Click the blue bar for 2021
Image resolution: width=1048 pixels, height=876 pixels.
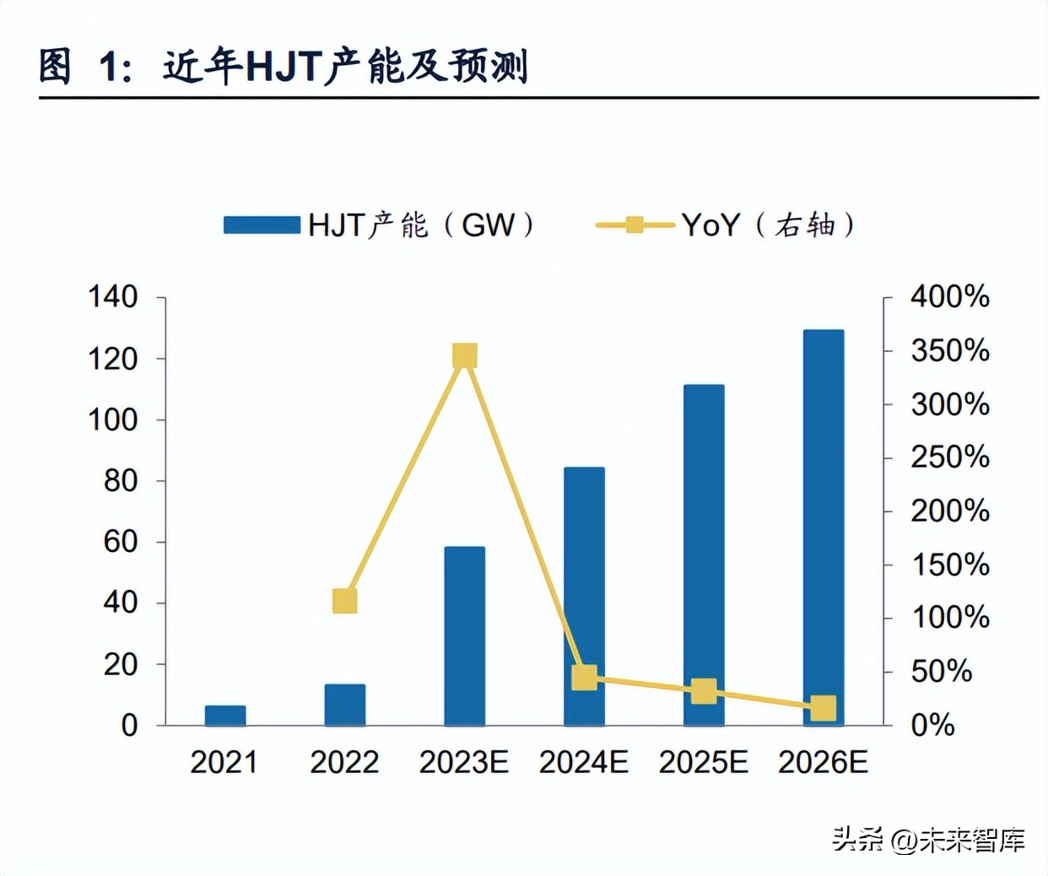tap(225, 716)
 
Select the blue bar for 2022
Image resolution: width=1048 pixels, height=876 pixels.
tap(345, 705)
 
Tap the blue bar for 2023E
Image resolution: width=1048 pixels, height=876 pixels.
tap(464, 636)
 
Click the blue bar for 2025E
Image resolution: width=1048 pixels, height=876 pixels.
tap(704, 554)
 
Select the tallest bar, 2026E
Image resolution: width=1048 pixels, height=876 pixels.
tap(824, 527)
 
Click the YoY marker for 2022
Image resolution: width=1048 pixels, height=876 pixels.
tap(344, 601)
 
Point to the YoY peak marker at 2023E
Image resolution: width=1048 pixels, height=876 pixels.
tap(465, 356)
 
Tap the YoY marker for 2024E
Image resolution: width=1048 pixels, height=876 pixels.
tap(584, 677)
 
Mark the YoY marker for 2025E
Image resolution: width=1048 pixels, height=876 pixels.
tap(704, 691)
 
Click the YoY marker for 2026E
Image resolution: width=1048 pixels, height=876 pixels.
tap(824, 708)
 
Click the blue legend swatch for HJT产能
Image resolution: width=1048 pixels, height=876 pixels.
tap(262, 225)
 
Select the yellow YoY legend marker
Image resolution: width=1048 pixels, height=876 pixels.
tap(635, 225)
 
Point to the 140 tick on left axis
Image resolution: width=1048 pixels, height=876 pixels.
tap(113, 297)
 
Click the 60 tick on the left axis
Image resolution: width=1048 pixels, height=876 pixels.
tap(120, 542)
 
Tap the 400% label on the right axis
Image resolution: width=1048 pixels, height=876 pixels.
tap(949, 297)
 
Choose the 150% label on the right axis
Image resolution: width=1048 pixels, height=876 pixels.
tap(949, 565)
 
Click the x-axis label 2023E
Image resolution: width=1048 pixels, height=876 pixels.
tap(464, 763)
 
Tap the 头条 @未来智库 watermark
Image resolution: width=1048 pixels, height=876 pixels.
tap(928, 839)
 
